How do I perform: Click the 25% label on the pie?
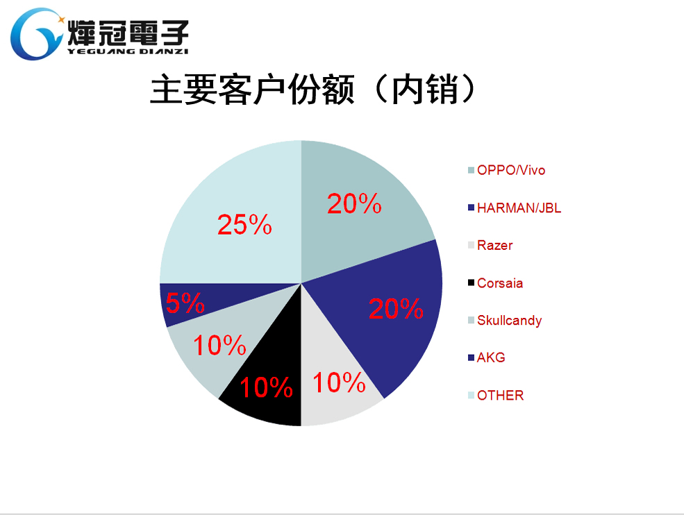tap(244, 224)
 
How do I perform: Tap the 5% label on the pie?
tap(185, 303)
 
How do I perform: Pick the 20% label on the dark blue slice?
tap(396, 309)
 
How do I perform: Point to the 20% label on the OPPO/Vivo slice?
tap(354, 203)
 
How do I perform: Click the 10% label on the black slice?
tap(265, 387)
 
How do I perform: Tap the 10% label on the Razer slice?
tap(339, 382)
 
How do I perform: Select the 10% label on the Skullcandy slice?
tap(219, 345)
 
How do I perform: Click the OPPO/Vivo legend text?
tap(511, 170)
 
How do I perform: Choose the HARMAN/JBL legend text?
tap(519, 208)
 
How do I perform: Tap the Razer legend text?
tap(494, 245)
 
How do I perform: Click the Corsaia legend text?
tap(500, 282)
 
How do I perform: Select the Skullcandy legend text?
tap(509, 320)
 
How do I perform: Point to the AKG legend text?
tap(491, 357)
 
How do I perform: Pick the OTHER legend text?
tap(500, 395)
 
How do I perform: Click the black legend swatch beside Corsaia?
tap(471, 283)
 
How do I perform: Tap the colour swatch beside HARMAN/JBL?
tap(471, 208)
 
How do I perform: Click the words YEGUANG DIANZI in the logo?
tap(128, 51)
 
